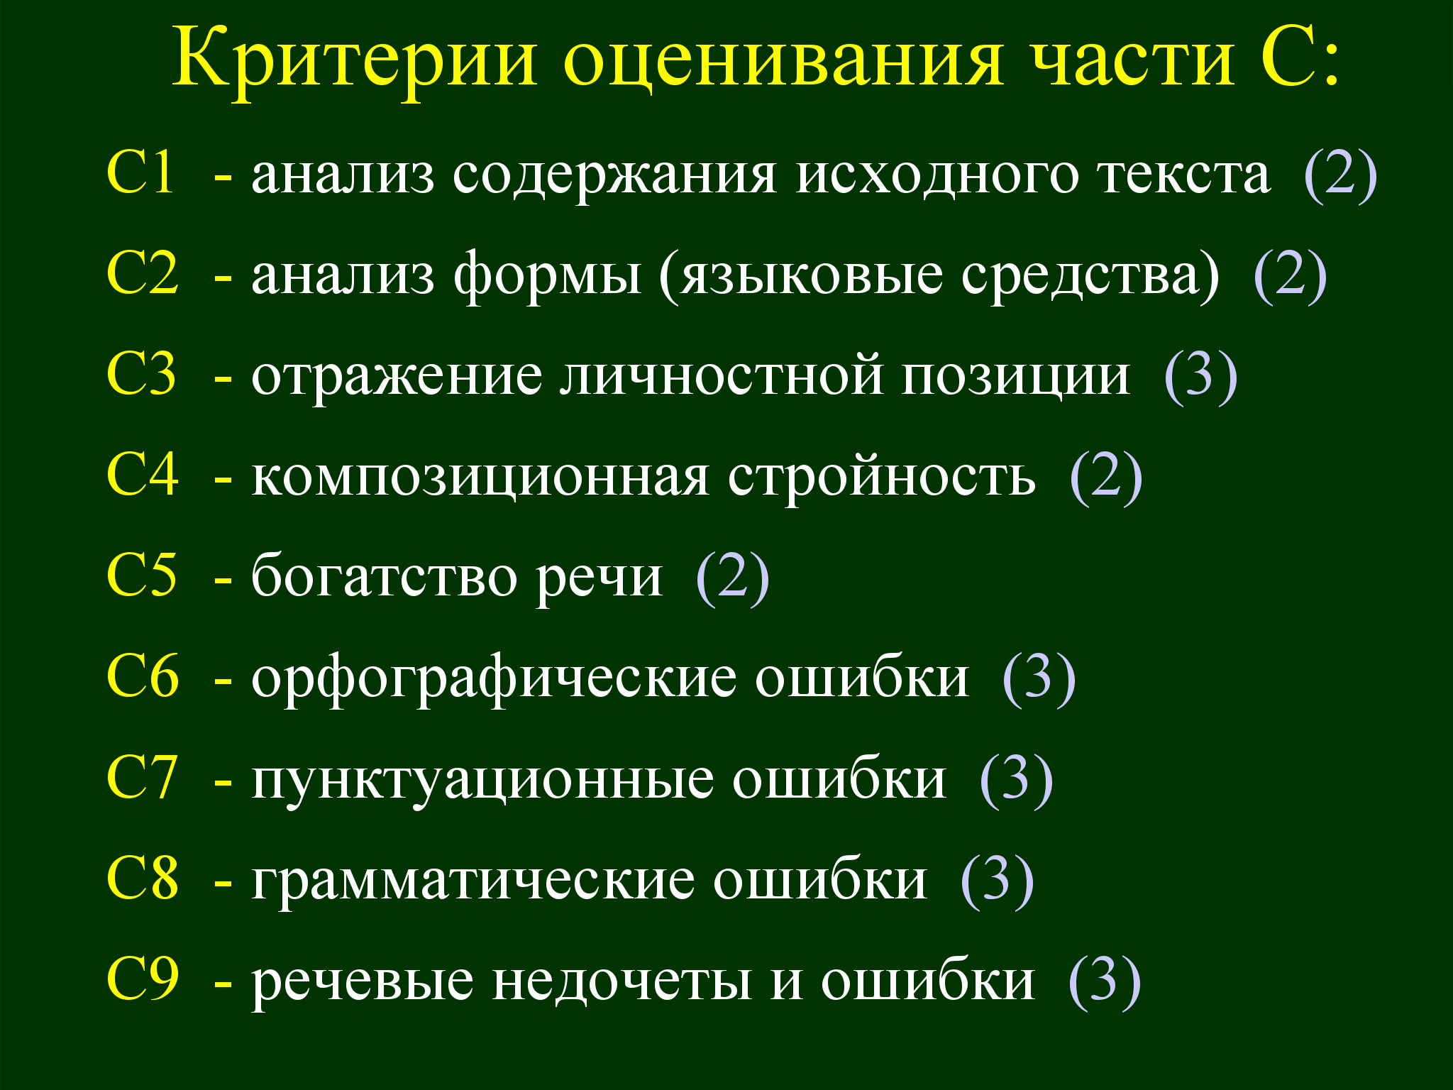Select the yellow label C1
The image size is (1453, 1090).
coord(140,172)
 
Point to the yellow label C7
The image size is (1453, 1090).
coord(142,776)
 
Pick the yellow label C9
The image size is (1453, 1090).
coord(143,979)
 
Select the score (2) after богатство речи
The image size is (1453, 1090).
coord(732,578)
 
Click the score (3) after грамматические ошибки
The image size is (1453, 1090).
coord(996,881)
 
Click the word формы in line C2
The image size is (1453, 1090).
coord(548,277)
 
